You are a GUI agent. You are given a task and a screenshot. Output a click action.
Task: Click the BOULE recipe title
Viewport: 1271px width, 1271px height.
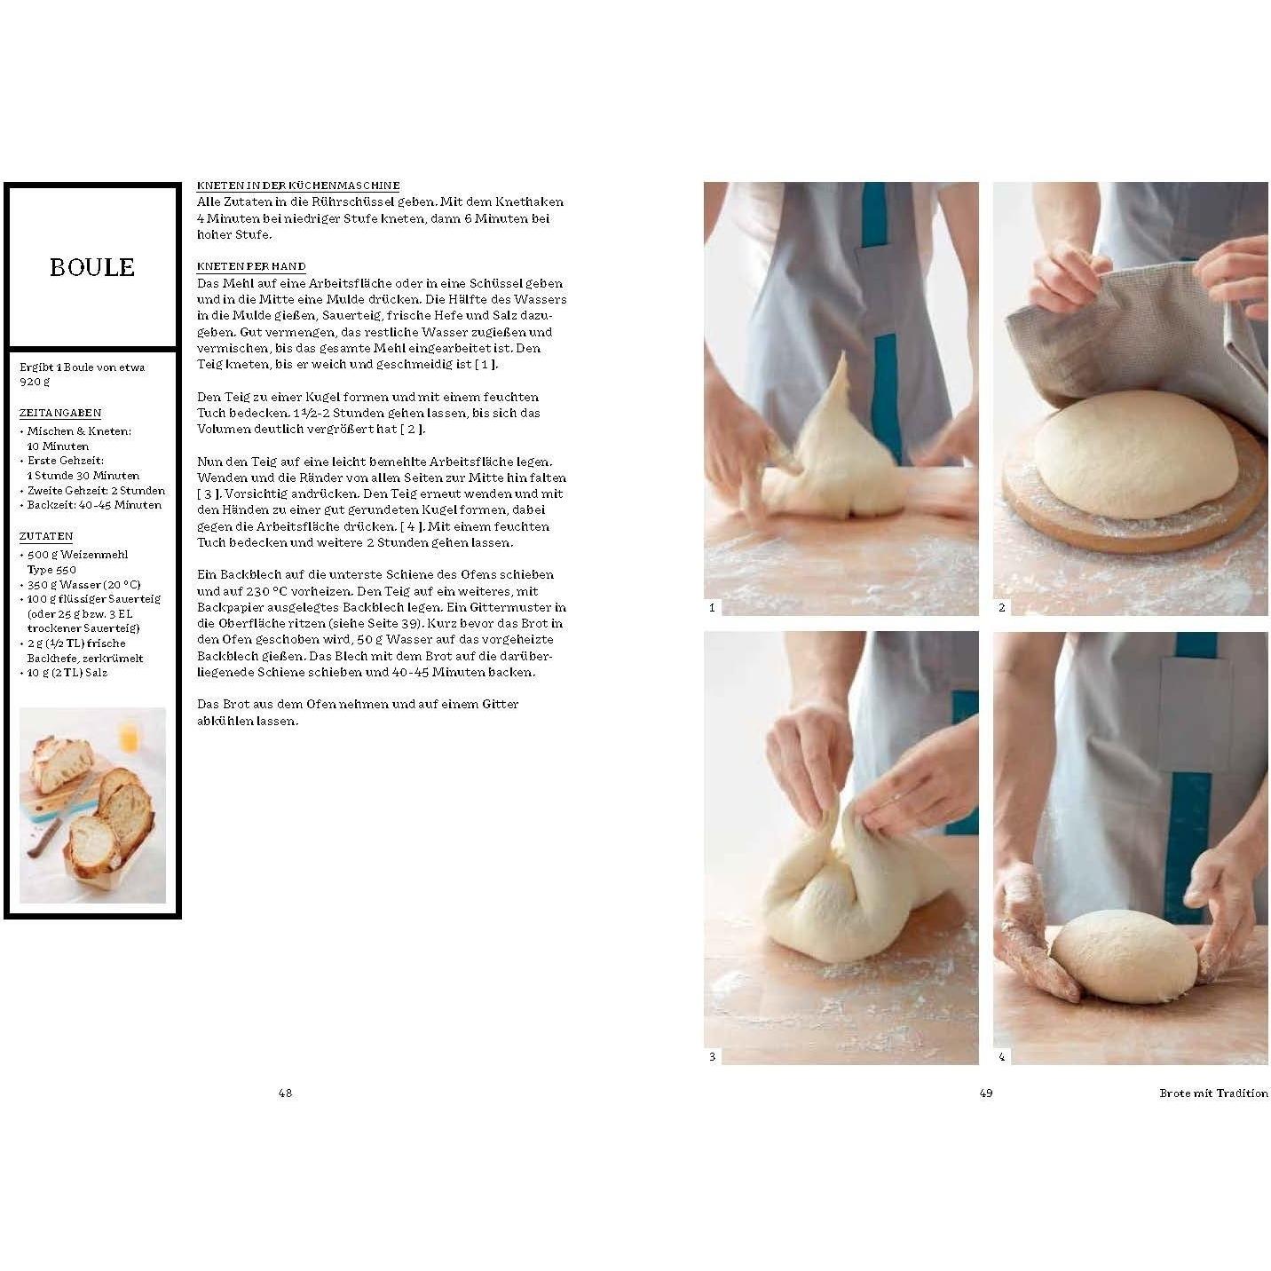coord(92,267)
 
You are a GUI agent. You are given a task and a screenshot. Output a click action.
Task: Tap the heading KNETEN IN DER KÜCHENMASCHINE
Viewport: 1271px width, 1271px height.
coord(298,186)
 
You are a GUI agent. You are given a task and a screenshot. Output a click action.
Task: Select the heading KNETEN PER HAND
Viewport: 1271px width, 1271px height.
coord(251,266)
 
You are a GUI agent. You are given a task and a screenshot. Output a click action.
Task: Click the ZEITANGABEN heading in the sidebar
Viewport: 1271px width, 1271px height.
coord(60,413)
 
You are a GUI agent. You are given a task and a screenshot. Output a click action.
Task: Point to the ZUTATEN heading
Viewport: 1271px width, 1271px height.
coord(46,536)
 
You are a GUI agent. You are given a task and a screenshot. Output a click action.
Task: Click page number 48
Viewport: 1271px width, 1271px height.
coord(285,1093)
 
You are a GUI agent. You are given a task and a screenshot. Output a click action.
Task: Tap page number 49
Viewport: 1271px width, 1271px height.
coord(986,1093)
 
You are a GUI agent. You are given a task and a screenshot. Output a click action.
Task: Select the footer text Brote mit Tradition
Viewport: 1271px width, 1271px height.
coord(1213,1093)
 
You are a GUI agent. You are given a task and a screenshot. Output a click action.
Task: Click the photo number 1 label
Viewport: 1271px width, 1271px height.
coord(713,607)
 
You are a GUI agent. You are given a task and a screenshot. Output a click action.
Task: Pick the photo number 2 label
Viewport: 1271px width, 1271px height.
coord(1002,607)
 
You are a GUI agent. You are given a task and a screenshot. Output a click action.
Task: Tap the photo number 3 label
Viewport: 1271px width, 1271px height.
coord(713,1056)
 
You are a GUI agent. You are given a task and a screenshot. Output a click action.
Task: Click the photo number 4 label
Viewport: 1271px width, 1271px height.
coord(1002,1056)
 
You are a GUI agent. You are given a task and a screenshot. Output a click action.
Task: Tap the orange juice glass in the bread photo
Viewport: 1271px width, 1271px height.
coord(130,735)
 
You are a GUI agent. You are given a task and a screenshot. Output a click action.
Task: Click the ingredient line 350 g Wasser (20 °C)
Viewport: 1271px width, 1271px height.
coord(83,584)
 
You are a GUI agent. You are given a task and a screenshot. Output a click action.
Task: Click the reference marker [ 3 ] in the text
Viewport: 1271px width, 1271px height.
coord(209,493)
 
